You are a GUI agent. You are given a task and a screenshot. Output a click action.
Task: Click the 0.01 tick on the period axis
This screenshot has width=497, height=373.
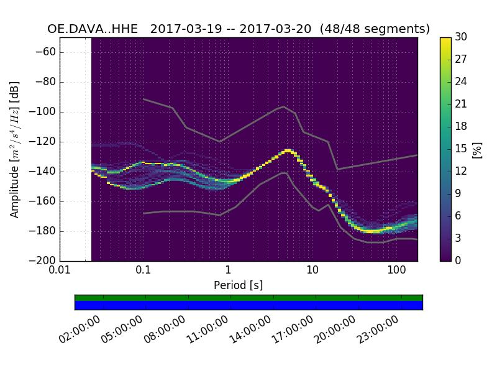click(x=60, y=270)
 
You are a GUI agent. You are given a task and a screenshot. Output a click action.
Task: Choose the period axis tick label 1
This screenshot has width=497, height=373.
click(x=228, y=270)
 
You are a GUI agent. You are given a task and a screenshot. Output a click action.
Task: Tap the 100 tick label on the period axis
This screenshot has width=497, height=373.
click(x=396, y=270)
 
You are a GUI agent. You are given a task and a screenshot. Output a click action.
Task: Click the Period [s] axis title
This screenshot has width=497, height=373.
click(x=238, y=285)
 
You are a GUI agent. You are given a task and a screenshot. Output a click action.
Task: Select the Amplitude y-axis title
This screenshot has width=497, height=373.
click(x=14, y=149)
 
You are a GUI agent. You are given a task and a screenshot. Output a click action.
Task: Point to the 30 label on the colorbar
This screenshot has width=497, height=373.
click(x=460, y=37)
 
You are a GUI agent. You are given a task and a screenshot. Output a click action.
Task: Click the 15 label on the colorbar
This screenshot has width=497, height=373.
click(x=460, y=149)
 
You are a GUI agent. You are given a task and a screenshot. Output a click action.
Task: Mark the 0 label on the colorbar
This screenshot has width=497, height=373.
click(x=458, y=261)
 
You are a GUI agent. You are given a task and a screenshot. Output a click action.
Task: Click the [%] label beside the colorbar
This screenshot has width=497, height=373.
click(x=477, y=149)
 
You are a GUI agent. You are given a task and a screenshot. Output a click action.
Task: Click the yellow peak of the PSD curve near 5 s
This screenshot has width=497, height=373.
click(x=287, y=150)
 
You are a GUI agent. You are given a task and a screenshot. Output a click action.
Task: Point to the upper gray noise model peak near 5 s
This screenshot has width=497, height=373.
click(x=284, y=106)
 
